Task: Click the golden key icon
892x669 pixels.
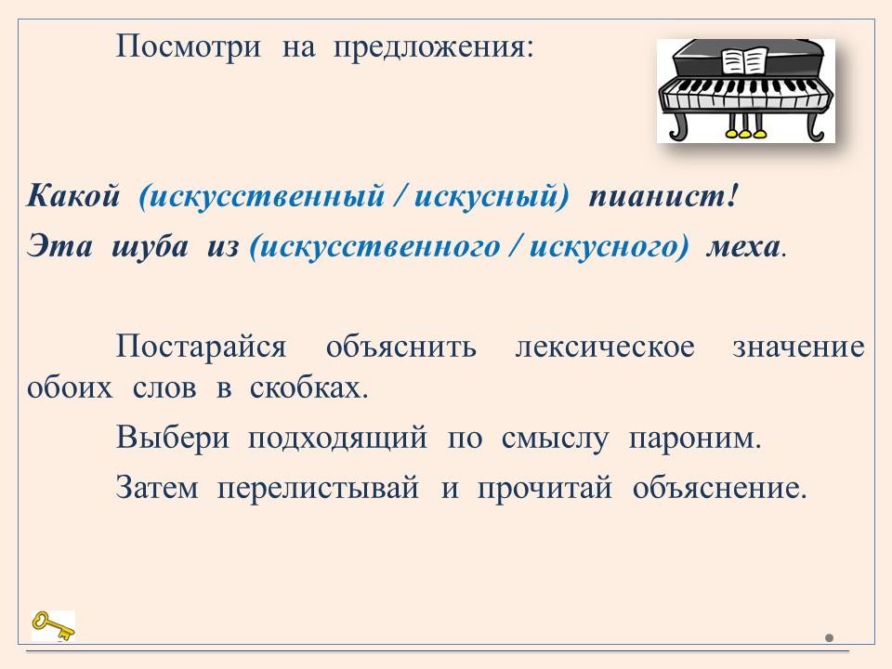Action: pos(53,625)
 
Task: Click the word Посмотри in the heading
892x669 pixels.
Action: pos(189,47)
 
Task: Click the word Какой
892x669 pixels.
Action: pos(73,197)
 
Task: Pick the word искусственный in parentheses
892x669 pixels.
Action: pos(267,197)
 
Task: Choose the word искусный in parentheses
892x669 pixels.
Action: pos(487,197)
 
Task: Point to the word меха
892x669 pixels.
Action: pos(743,247)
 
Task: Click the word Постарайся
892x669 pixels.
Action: pos(201,347)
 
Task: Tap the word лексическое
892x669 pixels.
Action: pos(605,347)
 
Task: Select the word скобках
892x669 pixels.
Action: pos(308,388)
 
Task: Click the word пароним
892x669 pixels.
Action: pos(695,439)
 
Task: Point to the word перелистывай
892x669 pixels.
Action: pos(319,488)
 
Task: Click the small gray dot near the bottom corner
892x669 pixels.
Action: pos(829,637)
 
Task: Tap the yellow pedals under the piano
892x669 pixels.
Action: pos(745,134)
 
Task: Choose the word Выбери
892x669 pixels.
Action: pos(173,438)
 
